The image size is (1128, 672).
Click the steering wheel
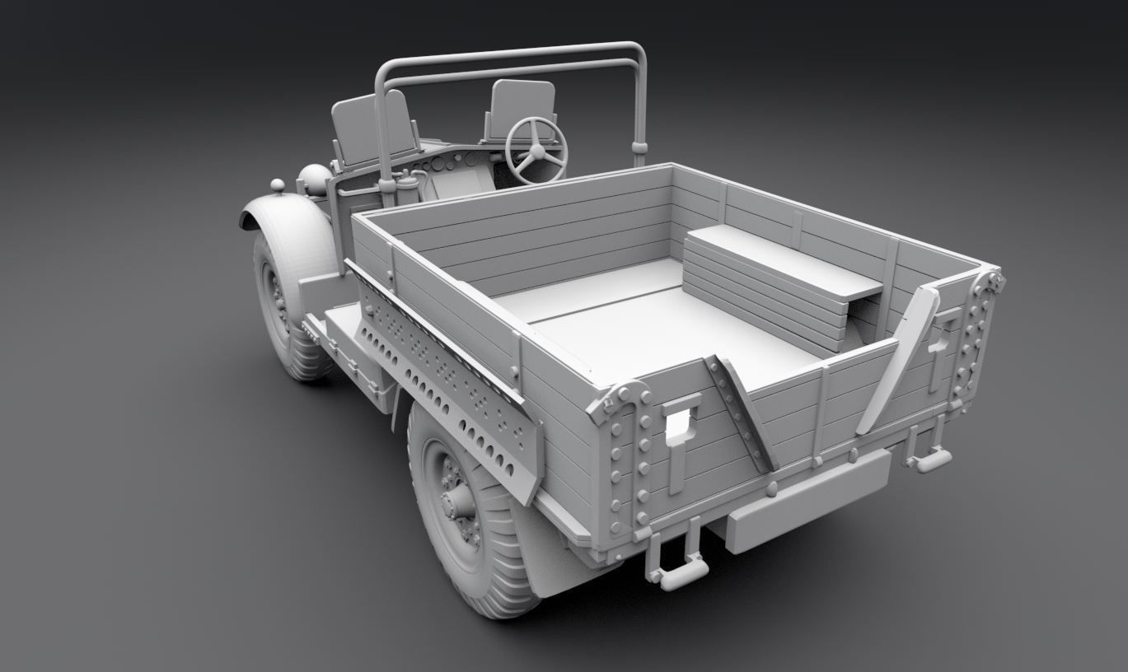536,150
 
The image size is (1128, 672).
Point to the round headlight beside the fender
314,179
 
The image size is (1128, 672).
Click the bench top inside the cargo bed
783,262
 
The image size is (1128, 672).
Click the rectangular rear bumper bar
807,501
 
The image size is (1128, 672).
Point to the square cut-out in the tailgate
681,422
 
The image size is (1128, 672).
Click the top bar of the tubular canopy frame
511,54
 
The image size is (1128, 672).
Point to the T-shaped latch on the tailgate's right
941,346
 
